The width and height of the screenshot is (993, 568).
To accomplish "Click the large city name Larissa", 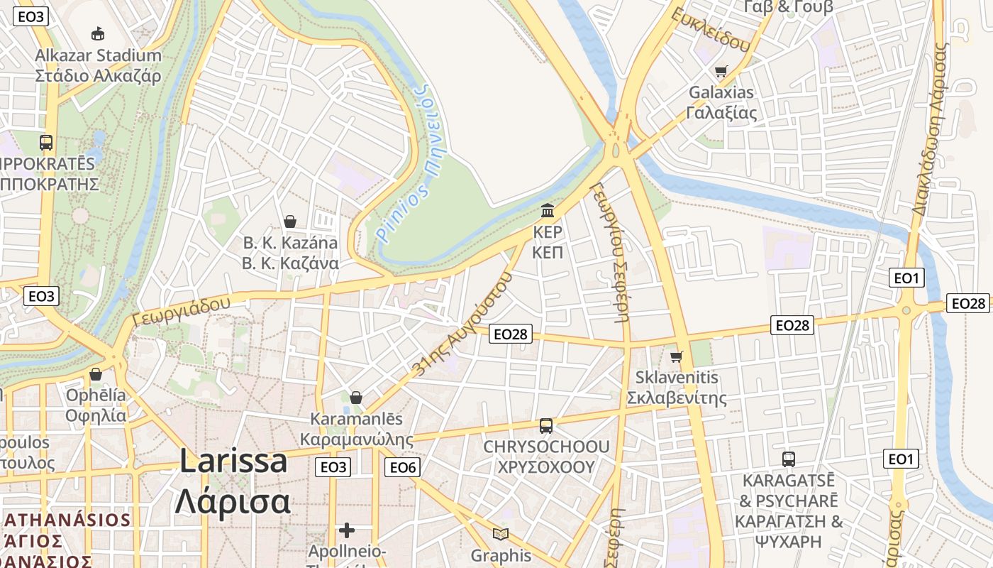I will point(233,461).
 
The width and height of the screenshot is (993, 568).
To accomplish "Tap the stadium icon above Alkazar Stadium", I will point(98,33).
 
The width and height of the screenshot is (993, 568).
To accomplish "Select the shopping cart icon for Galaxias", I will point(721,71).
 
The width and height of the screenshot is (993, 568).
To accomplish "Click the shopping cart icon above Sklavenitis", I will point(677,356).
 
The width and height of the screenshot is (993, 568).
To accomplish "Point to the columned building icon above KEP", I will point(548,210).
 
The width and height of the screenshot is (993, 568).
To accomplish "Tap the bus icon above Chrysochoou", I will point(545,426).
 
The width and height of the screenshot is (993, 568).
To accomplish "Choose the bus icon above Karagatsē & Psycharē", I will point(788,459).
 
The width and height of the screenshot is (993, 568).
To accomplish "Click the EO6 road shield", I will point(403,466).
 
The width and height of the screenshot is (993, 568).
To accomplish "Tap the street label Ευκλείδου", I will point(711,29).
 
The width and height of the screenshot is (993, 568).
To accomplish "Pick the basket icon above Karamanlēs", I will point(356,398).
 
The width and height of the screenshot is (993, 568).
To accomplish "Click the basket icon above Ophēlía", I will point(96,373).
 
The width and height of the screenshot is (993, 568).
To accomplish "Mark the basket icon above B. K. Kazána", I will point(289,222).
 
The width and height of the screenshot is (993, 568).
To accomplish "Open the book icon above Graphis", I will point(501,534).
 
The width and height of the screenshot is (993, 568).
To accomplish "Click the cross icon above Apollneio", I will point(346,530).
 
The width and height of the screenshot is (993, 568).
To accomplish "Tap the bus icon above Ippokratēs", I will point(46,142).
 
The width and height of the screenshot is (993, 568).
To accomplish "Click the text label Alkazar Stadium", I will point(99,55).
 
